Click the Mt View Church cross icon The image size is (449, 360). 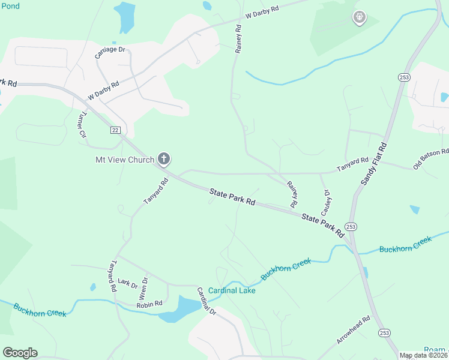point(163,159)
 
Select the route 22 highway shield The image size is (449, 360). point(116,130)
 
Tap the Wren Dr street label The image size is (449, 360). point(143,289)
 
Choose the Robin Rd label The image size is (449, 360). point(149,304)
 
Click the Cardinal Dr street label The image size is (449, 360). point(206,301)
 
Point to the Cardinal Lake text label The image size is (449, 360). point(232,290)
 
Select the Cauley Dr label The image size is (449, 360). point(327,203)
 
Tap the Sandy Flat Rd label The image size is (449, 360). point(375,163)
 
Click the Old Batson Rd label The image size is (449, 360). point(430,159)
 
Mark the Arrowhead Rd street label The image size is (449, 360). point(354,331)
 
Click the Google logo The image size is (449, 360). point(20,352)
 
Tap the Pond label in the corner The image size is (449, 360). point(10,6)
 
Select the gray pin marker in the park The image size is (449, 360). point(359,17)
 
